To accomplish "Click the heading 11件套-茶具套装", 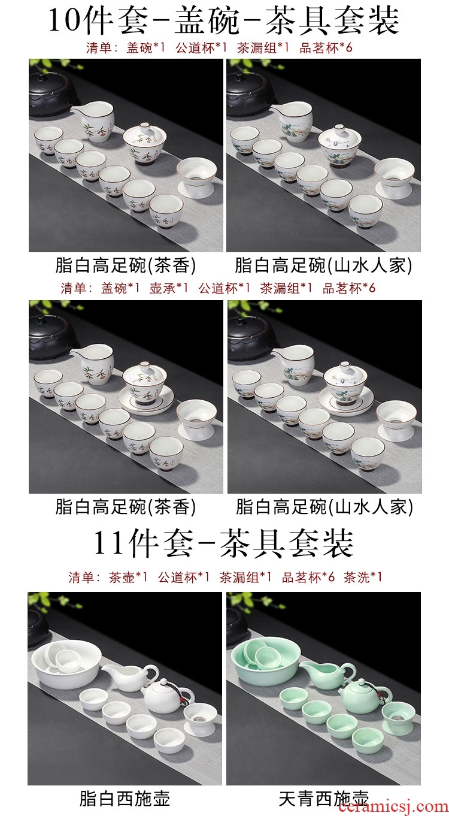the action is pyautogui.click(x=223, y=544).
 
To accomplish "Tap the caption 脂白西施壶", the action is pyautogui.click(x=125, y=797).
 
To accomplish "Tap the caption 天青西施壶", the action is pyautogui.click(x=324, y=797).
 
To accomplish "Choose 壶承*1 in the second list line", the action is pyautogui.click(x=169, y=288).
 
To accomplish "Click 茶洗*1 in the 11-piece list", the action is pyautogui.click(x=363, y=577).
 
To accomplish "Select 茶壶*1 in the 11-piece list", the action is pyautogui.click(x=128, y=577).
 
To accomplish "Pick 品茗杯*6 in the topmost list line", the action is pyautogui.click(x=326, y=47).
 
